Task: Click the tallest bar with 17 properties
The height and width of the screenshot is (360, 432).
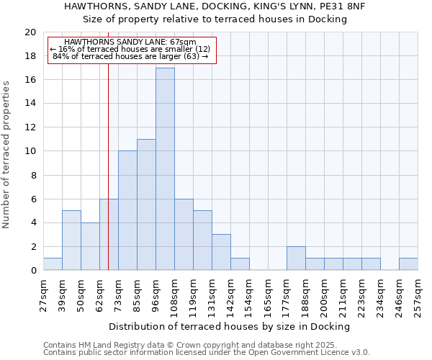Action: coord(165,169)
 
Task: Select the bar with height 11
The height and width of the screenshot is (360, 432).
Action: coord(146,204)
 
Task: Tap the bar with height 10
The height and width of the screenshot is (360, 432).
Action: coord(127,210)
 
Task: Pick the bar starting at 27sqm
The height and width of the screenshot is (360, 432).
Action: coord(53,264)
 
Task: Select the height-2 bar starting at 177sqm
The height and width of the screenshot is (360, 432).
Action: coord(296,258)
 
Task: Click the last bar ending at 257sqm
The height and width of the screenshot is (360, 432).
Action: coord(408,264)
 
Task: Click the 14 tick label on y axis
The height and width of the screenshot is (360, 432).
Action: coord(30,104)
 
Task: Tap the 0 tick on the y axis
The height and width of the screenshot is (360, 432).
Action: coord(33,271)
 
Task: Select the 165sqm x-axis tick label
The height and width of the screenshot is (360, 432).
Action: coord(268,294)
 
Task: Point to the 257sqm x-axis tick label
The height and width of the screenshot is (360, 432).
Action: coord(418,294)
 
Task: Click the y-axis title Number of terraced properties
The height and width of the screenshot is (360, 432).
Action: coord(6,155)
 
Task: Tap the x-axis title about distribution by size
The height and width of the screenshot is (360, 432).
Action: coord(230,326)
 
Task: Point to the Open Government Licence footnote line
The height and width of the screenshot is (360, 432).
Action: coord(206,353)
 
